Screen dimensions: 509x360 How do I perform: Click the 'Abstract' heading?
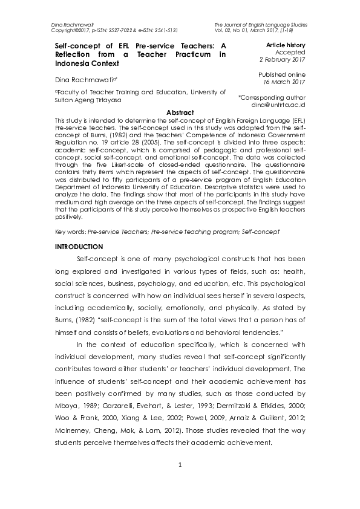coord(180,112)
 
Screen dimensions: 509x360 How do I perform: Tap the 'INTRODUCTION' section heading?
coord(79,247)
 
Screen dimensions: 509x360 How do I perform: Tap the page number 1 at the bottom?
coord(180,482)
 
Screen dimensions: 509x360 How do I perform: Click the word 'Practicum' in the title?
coord(190,54)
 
